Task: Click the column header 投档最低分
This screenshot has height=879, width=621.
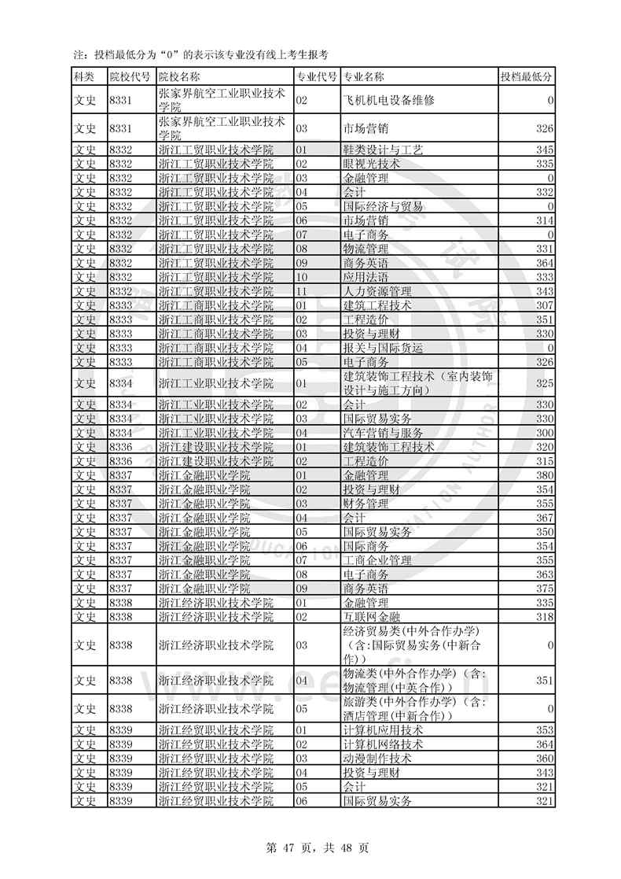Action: [527, 76]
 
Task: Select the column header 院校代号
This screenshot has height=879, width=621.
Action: [130, 76]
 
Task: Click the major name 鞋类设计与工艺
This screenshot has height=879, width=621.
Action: [384, 150]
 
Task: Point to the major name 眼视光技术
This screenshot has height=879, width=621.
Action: [372, 164]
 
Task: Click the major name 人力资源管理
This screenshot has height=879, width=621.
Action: [377, 291]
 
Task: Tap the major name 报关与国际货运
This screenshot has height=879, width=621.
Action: [384, 348]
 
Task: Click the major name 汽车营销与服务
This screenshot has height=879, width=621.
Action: [384, 433]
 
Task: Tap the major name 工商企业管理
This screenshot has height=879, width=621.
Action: [377, 560]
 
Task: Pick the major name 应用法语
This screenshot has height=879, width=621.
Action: [366, 277]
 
